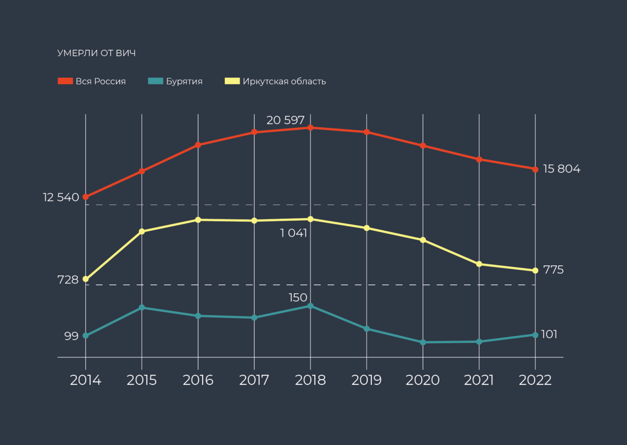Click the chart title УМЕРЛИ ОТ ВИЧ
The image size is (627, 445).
96,53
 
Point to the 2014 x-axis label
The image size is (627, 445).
86,380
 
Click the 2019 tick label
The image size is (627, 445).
366,380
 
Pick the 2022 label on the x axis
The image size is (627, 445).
535,380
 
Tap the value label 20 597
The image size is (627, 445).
286,120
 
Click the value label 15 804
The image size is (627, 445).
561,169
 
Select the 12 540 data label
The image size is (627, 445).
61,198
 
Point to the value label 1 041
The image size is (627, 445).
294,233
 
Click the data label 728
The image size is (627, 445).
68,280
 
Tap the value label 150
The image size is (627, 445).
298,298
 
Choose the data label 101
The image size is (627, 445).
549,334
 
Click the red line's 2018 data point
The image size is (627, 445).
311,128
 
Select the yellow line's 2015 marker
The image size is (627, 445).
142,231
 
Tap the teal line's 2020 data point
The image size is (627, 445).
423,342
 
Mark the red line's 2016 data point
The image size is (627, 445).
198,145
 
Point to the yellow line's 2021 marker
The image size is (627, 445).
479,264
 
